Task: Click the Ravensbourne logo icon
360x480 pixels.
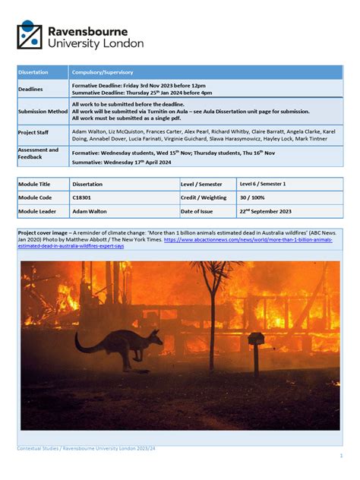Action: (30, 35)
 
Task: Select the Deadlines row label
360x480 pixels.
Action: (31, 89)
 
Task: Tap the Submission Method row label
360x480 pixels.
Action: (43, 111)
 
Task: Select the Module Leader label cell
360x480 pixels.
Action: (39, 211)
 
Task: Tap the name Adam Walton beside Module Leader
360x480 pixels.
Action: (90, 211)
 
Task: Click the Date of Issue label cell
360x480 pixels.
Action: (201, 211)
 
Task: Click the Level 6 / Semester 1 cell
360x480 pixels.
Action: (264, 184)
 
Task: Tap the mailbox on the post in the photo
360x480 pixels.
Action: (257, 339)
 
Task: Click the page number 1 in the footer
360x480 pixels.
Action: (341, 455)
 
